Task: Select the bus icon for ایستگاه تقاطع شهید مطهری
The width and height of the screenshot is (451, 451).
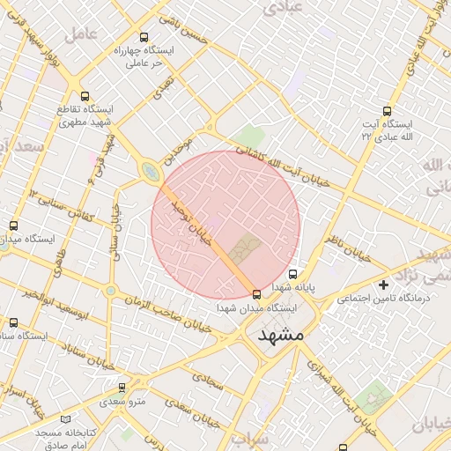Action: (85, 96)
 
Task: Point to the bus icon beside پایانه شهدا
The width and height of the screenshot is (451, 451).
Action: (293, 273)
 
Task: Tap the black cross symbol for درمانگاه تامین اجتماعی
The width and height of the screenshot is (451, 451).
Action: (383, 285)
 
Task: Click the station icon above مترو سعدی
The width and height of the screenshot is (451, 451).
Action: (122, 388)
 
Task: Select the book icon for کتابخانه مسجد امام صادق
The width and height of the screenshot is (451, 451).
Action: (68, 419)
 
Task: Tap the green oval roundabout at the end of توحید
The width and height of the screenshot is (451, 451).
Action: (151, 171)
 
